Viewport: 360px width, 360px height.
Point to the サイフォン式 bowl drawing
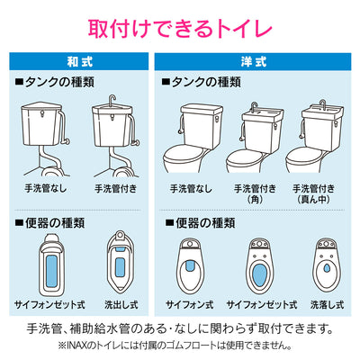[x=190, y=265]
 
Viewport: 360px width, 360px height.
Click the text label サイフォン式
[x=190, y=305]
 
